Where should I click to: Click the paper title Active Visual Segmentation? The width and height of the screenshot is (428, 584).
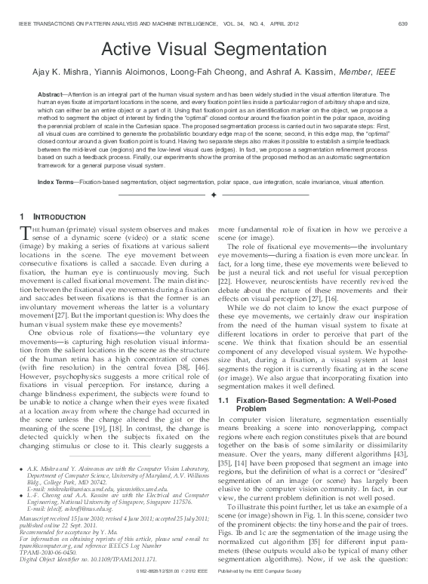click(214, 50)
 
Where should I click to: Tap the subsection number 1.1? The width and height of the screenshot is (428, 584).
click(223, 398)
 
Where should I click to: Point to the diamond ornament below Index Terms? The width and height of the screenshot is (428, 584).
click(214, 195)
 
